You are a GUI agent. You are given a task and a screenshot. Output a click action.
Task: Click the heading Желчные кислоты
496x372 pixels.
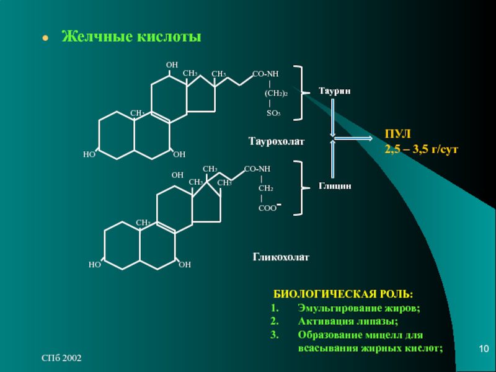tap(131, 37)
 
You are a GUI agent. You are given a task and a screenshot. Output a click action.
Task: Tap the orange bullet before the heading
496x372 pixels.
tap(45, 38)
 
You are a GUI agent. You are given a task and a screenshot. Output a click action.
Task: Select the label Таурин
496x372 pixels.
tap(335, 91)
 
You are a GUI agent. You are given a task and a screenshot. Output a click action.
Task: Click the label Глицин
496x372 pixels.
tap(335, 185)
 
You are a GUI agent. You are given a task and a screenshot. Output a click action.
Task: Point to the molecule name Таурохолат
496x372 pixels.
tap(277, 141)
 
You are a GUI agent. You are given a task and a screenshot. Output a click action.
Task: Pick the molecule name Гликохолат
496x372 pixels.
tap(281, 257)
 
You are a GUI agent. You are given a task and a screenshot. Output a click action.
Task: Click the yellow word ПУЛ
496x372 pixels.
tap(397, 134)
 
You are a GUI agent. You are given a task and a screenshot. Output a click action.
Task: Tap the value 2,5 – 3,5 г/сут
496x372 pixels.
tap(421, 149)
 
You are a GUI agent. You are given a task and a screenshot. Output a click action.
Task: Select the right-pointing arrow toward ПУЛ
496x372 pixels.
tap(353, 138)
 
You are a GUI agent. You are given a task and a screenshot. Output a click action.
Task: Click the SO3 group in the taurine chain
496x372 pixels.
tap(273, 113)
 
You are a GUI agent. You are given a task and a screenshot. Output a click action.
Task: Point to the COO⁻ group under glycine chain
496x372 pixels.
tap(270, 208)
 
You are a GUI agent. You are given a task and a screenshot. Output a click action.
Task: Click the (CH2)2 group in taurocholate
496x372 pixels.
tap(276, 94)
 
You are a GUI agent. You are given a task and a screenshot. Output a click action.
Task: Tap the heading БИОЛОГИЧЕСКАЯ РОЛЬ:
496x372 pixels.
tap(343, 294)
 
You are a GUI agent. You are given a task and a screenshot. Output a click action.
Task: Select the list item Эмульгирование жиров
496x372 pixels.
tap(359, 308)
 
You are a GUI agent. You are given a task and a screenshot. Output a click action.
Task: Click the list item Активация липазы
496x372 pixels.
tap(348, 321)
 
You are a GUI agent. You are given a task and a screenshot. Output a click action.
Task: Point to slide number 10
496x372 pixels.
tap(484, 349)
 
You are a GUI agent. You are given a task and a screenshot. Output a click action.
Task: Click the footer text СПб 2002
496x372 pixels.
tap(61, 358)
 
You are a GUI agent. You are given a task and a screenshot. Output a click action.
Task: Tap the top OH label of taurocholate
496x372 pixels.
tap(172, 65)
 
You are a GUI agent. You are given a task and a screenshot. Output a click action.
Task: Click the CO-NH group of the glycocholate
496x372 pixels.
tap(257, 169)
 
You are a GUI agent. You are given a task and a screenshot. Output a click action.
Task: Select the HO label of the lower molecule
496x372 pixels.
tap(95, 265)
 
